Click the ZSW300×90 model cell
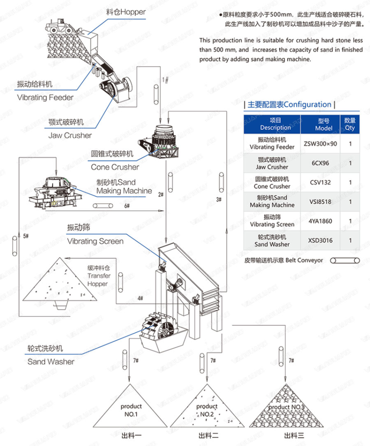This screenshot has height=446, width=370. click(x=320, y=143)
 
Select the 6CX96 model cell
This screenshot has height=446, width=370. click(x=320, y=163)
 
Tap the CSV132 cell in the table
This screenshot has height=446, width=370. click(x=320, y=182)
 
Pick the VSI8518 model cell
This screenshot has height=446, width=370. click(x=320, y=202)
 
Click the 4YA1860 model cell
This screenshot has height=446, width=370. click(x=320, y=221)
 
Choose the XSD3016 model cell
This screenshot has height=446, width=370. click(x=320, y=240)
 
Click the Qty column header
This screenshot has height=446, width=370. click(x=350, y=124)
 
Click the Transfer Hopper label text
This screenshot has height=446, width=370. click(x=99, y=276)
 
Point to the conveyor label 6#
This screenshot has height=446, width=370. click(x=127, y=206)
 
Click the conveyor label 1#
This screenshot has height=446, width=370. click(x=165, y=80)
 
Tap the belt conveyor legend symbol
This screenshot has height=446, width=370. click(x=345, y=260)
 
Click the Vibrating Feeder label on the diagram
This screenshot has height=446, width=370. click(x=45, y=98)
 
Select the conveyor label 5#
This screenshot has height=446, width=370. click(x=26, y=236)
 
